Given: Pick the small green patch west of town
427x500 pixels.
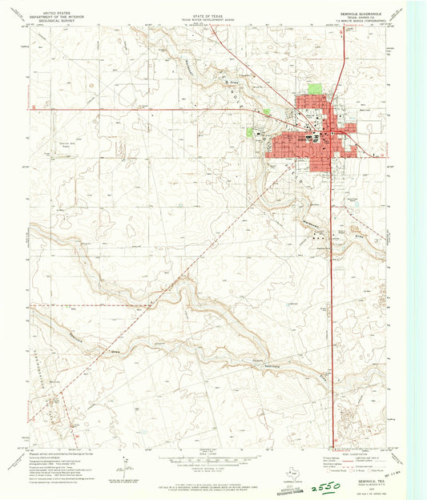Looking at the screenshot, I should coord(250,131).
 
